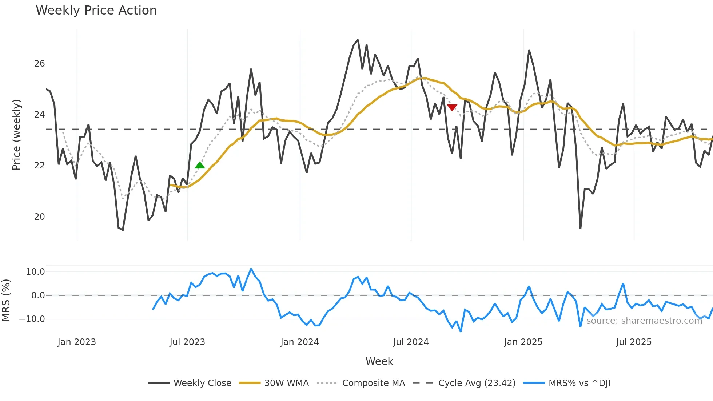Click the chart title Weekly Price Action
pos(96,11)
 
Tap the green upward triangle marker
pos(200,165)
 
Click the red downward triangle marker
pos(452,107)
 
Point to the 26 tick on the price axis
pos(39,64)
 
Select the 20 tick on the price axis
pos(39,217)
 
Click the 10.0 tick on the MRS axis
pos(35,272)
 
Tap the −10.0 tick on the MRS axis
pos(32,319)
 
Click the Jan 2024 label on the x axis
pos(299,342)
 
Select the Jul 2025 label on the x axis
pos(634,342)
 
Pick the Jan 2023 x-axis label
pos(77,342)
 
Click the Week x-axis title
pos(379,361)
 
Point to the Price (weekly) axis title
pos(16,135)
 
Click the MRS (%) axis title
pos(6,300)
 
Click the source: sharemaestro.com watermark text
pos(644,321)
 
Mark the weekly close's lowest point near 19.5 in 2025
pos(580,228)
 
